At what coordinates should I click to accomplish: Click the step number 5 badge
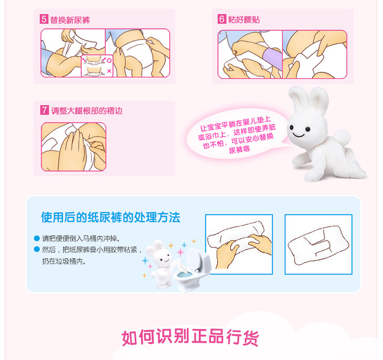pyautogui.click(x=44, y=19)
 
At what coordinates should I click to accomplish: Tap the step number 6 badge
pyautogui.click(x=222, y=19)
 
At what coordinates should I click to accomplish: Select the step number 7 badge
pyautogui.click(x=45, y=110)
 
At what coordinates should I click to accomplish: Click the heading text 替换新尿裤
pyautogui.click(x=70, y=20)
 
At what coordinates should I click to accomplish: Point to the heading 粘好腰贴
pyautogui.click(x=244, y=19)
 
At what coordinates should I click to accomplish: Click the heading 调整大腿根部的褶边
pyautogui.click(x=87, y=111)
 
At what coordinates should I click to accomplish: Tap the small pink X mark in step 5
pyautogui.click(x=109, y=71)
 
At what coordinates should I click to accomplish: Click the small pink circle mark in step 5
pyautogui.click(x=109, y=60)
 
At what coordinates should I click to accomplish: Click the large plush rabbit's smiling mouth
pyautogui.click(x=299, y=134)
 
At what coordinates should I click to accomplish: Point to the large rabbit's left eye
pyautogui.click(x=291, y=127)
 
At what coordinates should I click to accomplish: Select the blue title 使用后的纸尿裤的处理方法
pyautogui.click(x=111, y=217)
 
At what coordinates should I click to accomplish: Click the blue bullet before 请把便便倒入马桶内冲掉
pyautogui.click(x=37, y=238)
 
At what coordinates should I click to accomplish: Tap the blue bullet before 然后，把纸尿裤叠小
pyautogui.click(x=37, y=249)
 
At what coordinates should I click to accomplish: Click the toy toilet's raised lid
pyautogui.click(x=195, y=258)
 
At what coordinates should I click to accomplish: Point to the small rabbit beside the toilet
pyautogui.click(x=160, y=264)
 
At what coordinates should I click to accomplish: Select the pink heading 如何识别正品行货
pyautogui.click(x=190, y=337)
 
